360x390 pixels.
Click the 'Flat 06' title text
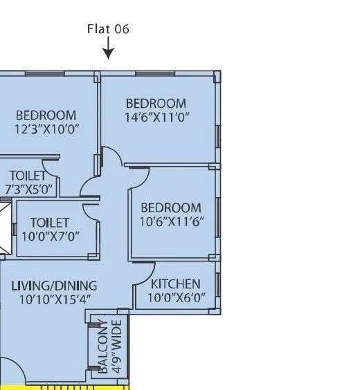(108, 29)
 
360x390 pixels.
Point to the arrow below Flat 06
(108, 50)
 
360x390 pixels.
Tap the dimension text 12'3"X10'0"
(46, 129)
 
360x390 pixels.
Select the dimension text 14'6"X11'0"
(156, 117)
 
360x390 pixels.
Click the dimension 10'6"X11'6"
(171, 221)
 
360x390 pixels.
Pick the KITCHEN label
(176, 284)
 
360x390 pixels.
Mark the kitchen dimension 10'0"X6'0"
(176, 298)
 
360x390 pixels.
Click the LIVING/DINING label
(54, 286)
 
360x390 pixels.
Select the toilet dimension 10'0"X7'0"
(50, 236)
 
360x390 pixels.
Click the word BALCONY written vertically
(103, 346)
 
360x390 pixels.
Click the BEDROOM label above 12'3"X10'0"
(46, 115)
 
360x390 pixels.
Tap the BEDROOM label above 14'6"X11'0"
(156, 104)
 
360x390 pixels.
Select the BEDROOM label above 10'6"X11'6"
(171, 207)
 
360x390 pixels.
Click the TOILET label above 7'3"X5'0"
(28, 176)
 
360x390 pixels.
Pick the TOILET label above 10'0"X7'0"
(50, 222)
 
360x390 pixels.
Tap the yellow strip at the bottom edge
(69, 386)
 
